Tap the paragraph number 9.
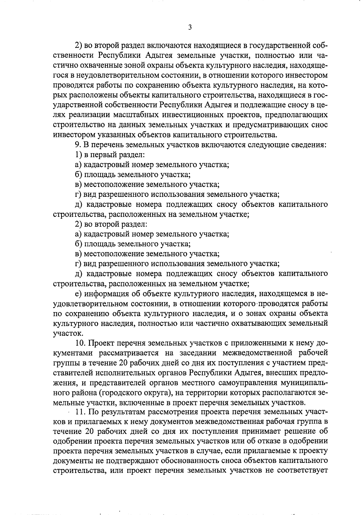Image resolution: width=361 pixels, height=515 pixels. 77,145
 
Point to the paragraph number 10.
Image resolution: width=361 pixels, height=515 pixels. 80,343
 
